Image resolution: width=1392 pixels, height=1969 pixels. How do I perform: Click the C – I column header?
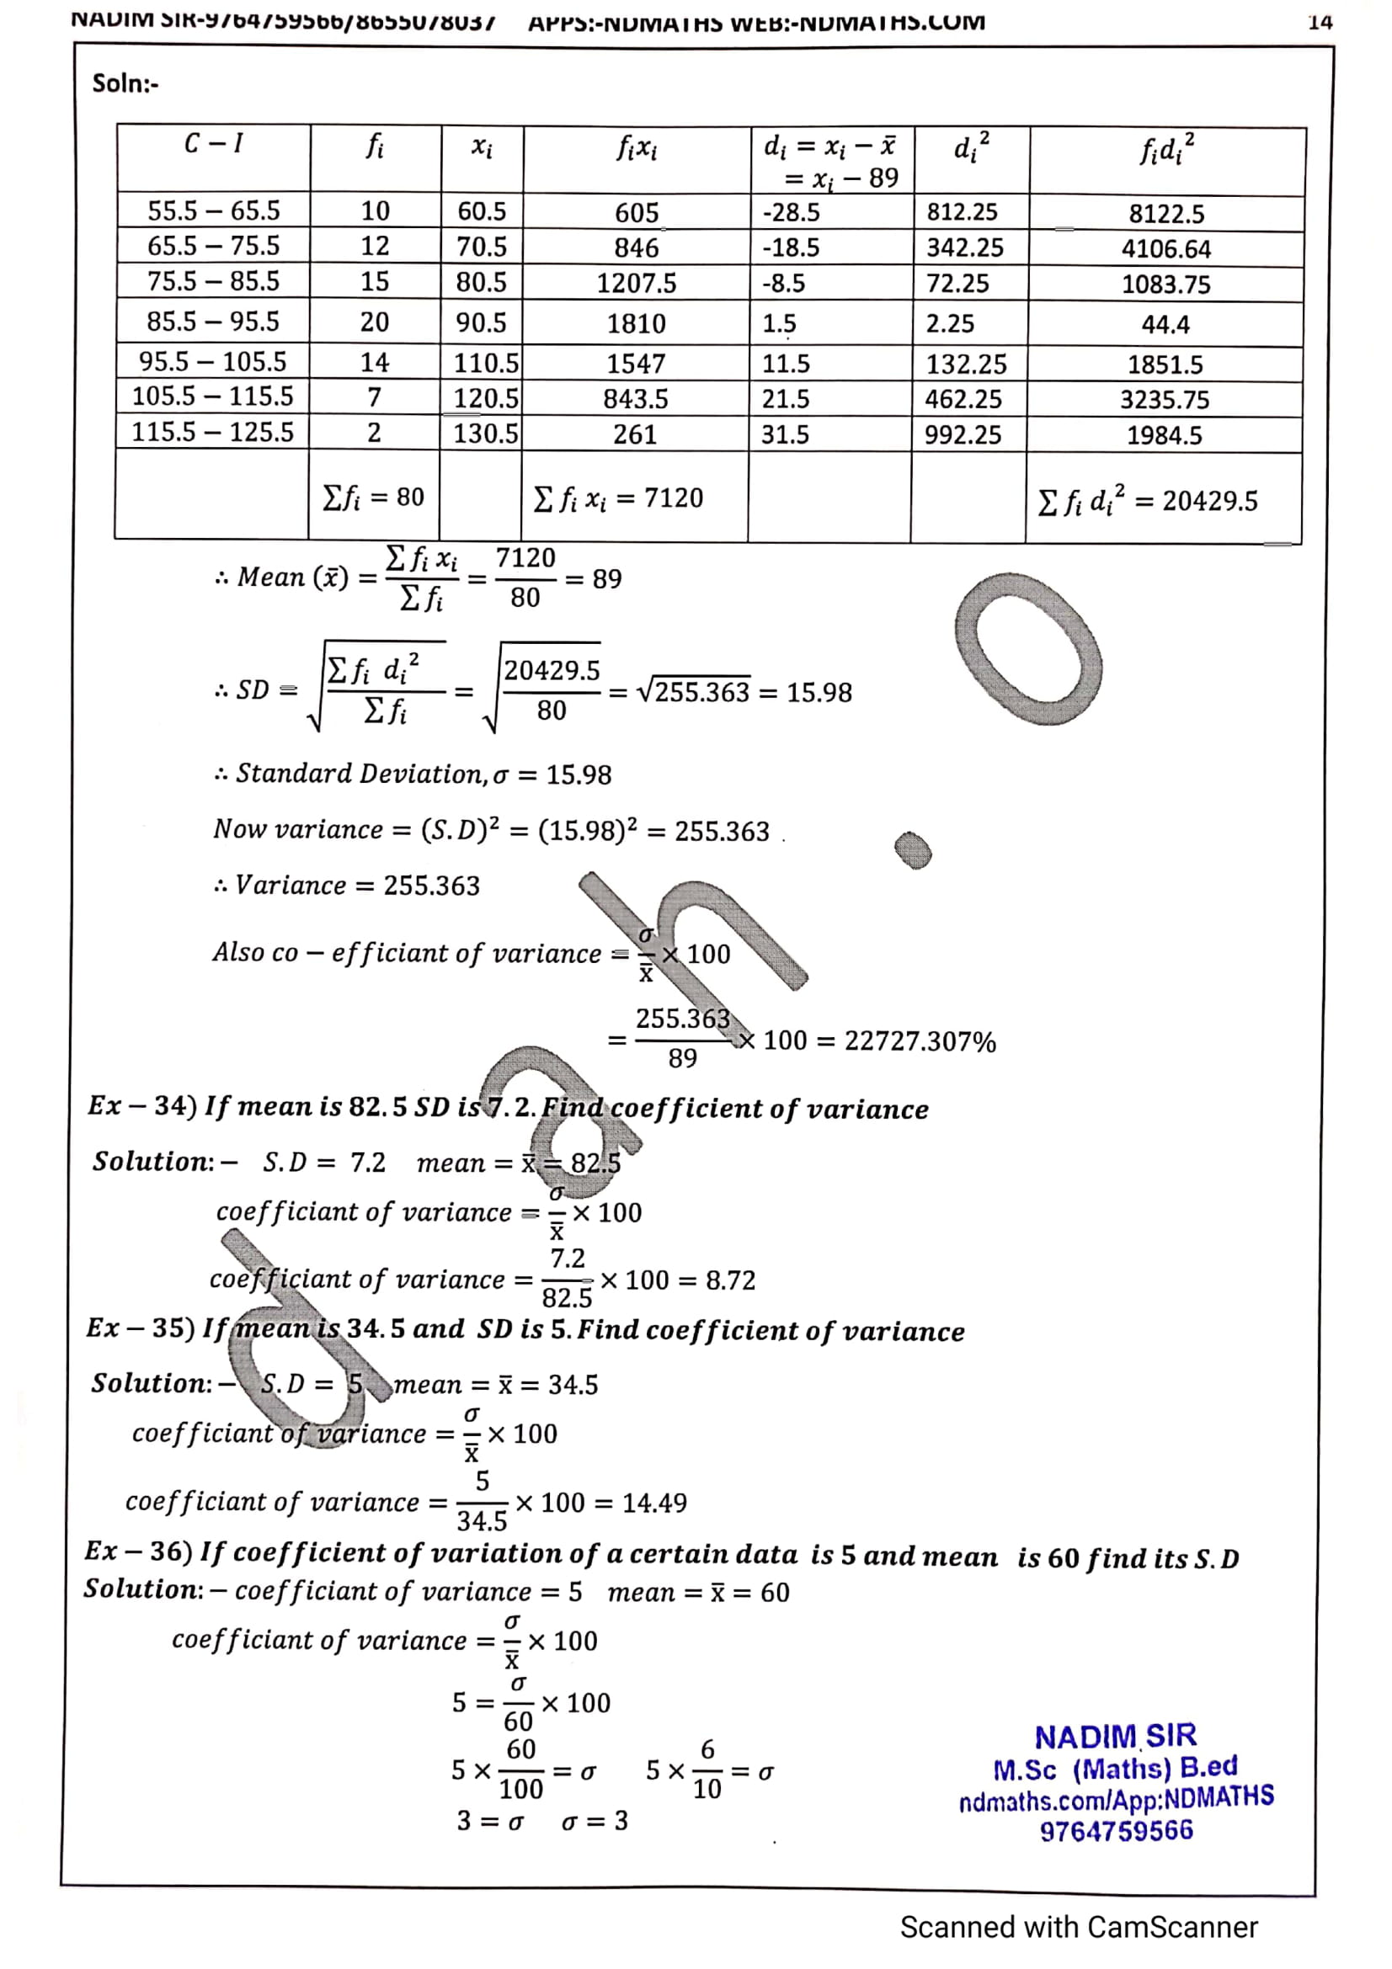pyautogui.click(x=214, y=143)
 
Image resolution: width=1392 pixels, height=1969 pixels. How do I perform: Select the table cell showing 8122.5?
pyautogui.click(x=1165, y=214)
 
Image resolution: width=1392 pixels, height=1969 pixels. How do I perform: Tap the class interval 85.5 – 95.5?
pyautogui.click(x=213, y=322)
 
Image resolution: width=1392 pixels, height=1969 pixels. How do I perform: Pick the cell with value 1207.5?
pyautogui.click(x=637, y=283)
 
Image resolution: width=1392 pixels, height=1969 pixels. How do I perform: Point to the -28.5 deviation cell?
pyautogui.click(x=791, y=212)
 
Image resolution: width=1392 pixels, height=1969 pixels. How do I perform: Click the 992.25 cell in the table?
pyautogui.click(x=963, y=434)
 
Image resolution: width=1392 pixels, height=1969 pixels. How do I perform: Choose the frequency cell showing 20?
pyautogui.click(x=374, y=322)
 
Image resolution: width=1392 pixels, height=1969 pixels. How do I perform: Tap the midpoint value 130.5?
pyautogui.click(x=485, y=433)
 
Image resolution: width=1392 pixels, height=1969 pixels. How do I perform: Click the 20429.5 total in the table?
pyautogui.click(x=1209, y=501)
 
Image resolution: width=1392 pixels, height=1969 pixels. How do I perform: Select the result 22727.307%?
pyautogui.click(x=920, y=1041)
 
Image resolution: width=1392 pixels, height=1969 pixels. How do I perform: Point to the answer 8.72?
pyautogui.click(x=730, y=1280)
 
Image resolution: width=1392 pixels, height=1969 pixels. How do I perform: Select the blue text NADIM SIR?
pyautogui.click(x=1114, y=1737)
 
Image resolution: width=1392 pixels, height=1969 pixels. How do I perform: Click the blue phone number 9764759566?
pyautogui.click(x=1116, y=1831)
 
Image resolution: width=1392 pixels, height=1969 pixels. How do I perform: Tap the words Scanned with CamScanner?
pyautogui.click(x=1078, y=1927)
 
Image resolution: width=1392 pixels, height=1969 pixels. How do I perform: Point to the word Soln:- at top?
pyautogui.click(x=125, y=83)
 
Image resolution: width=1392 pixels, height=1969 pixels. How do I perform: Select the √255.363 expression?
pyautogui.click(x=693, y=691)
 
